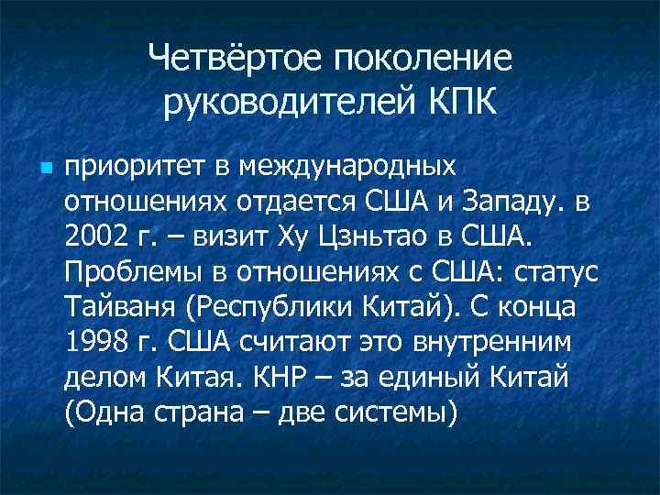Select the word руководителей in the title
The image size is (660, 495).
[280, 103]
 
